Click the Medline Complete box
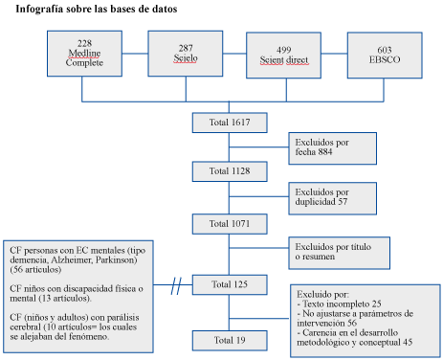(x=84, y=54)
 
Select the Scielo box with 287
(x=186, y=54)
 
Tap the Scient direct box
(x=283, y=56)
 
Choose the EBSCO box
(x=385, y=56)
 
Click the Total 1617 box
(x=230, y=123)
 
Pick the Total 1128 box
(x=230, y=171)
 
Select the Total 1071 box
(x=230, y=224)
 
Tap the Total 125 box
(x=230, y=284)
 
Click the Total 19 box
(x=230, y=341)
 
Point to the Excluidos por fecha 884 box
(x=333, y=148)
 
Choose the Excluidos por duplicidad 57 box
(x=333, y=198)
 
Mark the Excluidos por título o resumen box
(x=340, y=253)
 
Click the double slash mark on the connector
(x=176, y=285)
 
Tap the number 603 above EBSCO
(x=385, y=50)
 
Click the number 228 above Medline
(x=84, y=43)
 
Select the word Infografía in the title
(x=39, y=9)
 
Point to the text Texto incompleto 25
(x=342, y=304)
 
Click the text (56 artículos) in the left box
(x=35, y=270)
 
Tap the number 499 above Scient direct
(x=283, y=50)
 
